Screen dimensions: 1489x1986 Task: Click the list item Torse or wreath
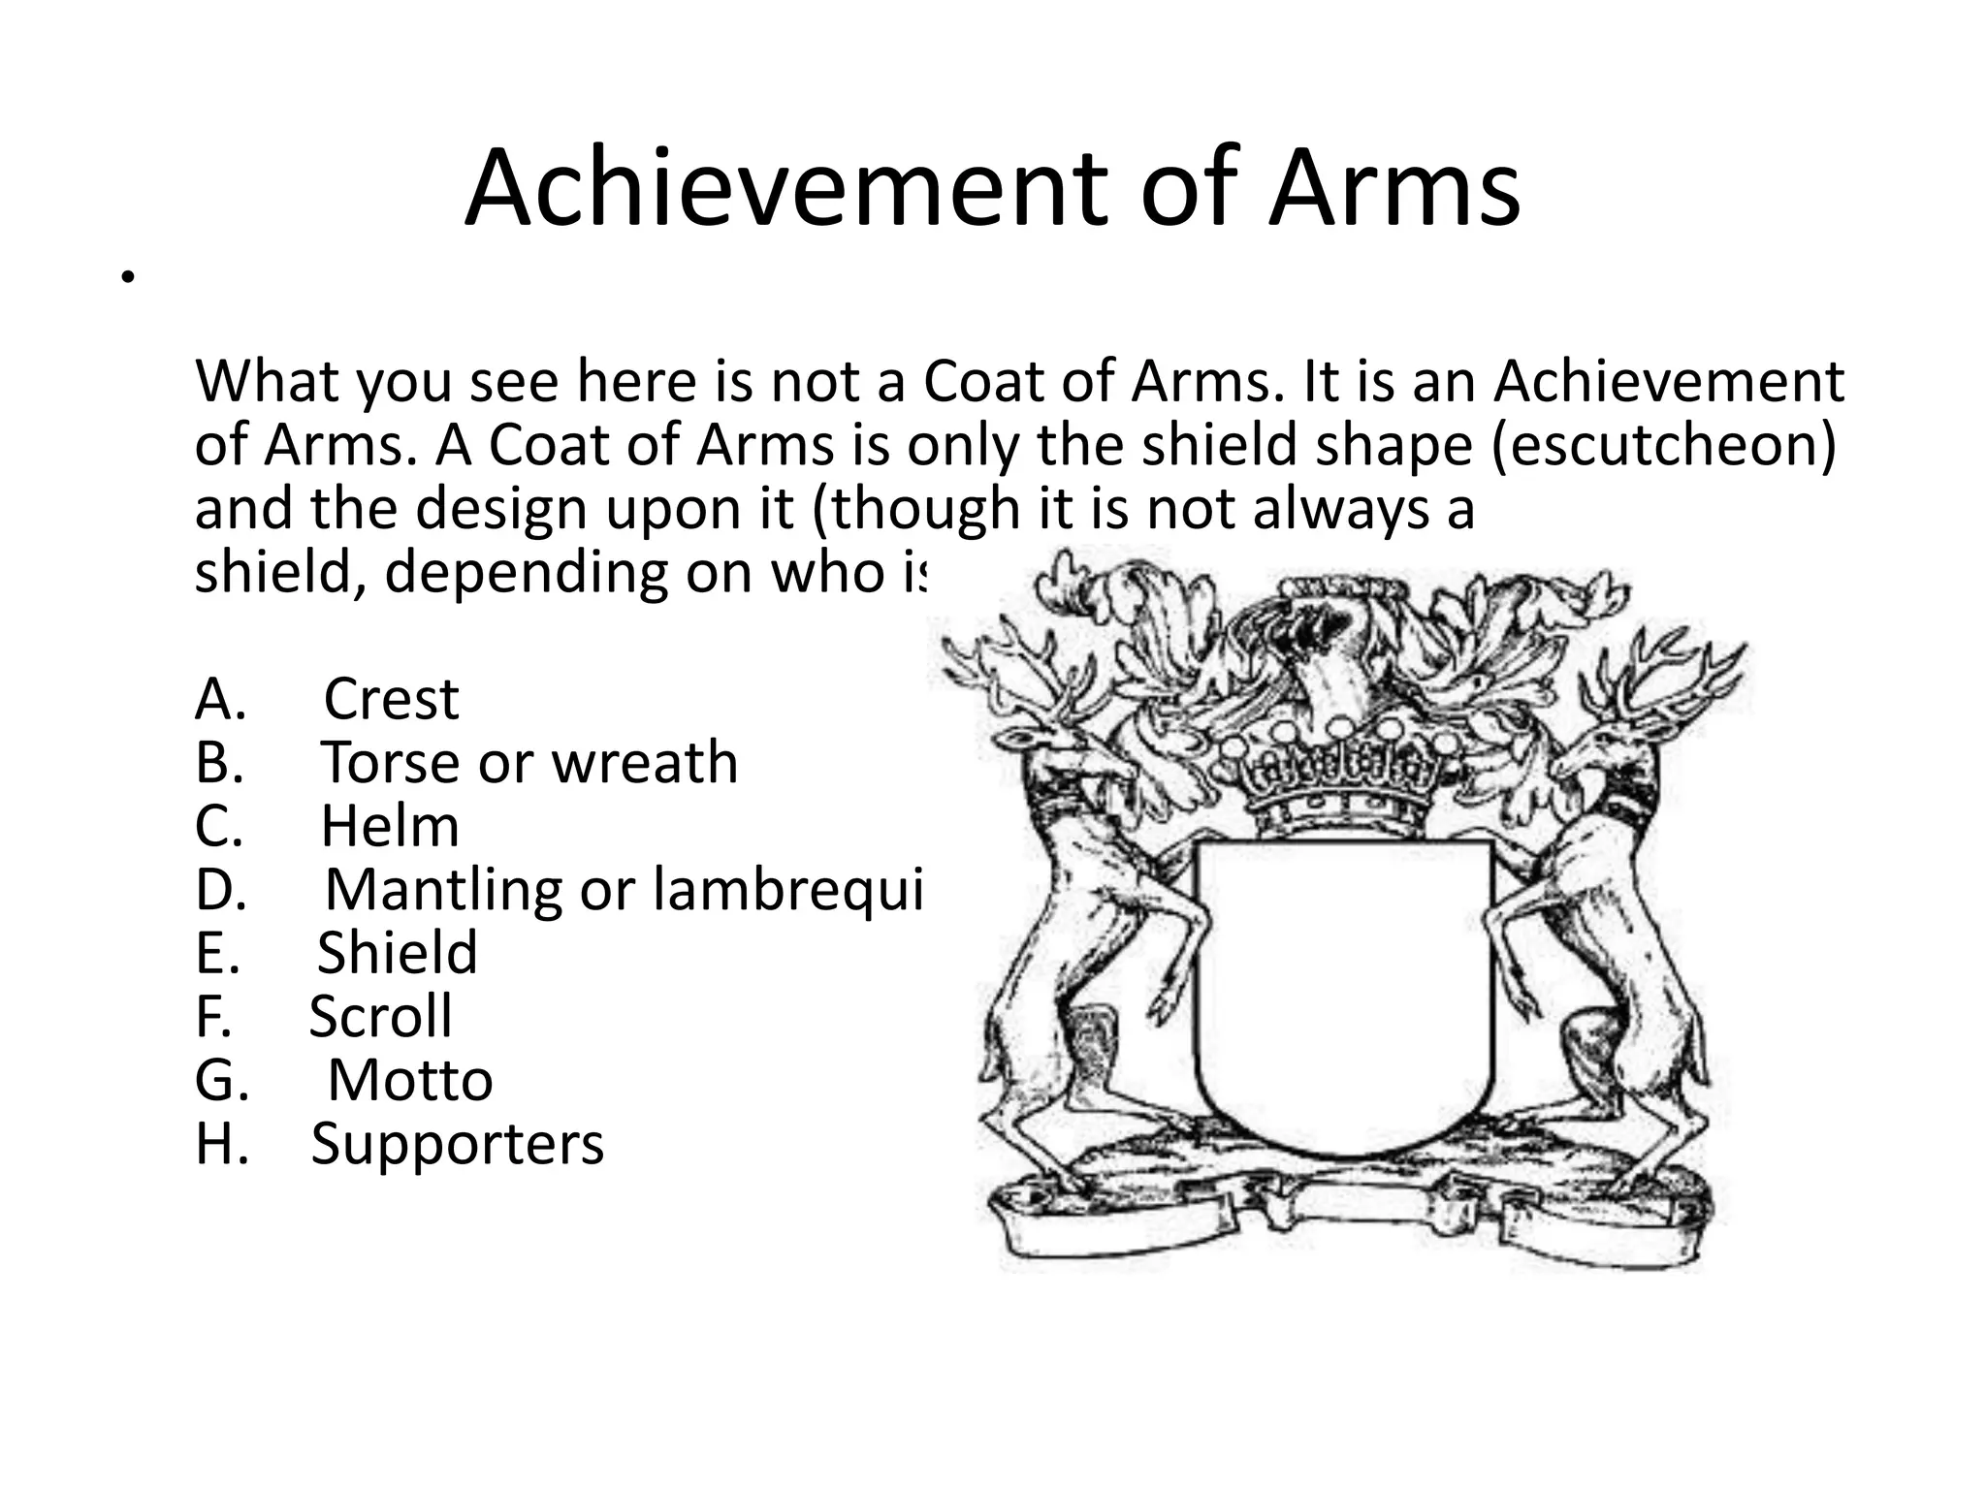click(x=529, y=762)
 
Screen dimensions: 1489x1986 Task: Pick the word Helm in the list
click(x=390, y=826)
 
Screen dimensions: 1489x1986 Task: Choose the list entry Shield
click(x=398, y=952)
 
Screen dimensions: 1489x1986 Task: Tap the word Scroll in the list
click(x=381, y=1016)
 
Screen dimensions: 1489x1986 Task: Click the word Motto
click(x=410, y=1080)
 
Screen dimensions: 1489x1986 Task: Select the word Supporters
click(x=458, y=1144)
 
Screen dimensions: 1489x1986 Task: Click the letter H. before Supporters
click(x=222, y=1144)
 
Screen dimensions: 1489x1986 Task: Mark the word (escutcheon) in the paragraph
click(x=1662, y=445)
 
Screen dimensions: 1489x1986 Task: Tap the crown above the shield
click(x=1342, y=776)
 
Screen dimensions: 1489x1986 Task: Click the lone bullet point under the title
click(x=125, y=280)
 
